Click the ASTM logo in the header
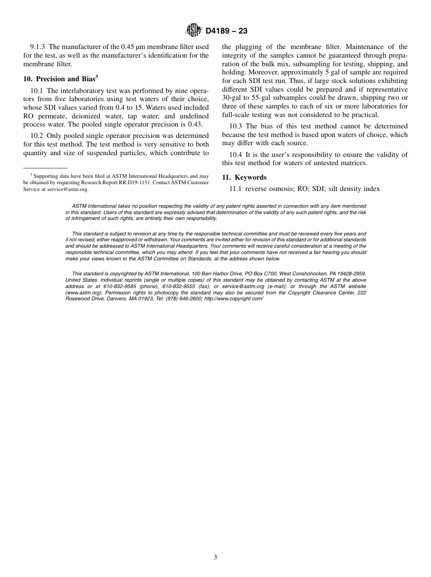[194, 30]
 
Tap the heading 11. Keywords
[244, 177]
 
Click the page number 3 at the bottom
[215, 557]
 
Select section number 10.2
[38, 136]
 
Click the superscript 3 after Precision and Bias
[97, 77]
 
